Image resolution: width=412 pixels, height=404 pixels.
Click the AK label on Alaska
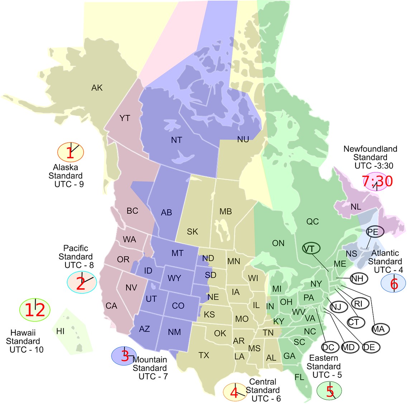pyautogui.click(x=97, y=88)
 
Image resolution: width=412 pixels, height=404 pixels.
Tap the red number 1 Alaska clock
pyautogui.click(x=71, y=152)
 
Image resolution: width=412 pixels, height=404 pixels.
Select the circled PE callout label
pyautogui.click(x=373, y=232)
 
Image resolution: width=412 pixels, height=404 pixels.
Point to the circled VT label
pyautogui.click(x=308, y=249)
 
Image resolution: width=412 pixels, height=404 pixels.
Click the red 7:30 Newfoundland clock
pyautogui.click(x=377, y=181)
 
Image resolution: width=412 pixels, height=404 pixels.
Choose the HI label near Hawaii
pyautogui.click(x=61, y=331)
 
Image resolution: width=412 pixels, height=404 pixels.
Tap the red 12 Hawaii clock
pyautogui.click(x=35, y=310)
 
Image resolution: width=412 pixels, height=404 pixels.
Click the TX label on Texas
pyautogui.click(x=204, y=355)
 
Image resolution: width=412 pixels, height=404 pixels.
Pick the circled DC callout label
pyautogui.click(x=328, y=347)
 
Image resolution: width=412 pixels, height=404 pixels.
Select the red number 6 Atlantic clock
pyautogui.click(x=394, y=284)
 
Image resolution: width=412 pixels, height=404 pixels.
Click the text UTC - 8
pyautogui.click(x=79, y=265)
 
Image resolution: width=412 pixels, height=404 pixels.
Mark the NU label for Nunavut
pyautogui.click(x=243, y=140)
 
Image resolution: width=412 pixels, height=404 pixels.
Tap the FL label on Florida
pyautogui.click(x=299, y=377)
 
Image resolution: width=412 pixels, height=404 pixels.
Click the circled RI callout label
pyautogui.click(x=358, y=304)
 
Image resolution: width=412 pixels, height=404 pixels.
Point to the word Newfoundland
pyautogui.click(x=370, y=149)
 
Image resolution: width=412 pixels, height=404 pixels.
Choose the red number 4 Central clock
pyautogui.click(x=234, y=393)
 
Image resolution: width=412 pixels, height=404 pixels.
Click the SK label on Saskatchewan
pyautogui.click(x=192, y=232)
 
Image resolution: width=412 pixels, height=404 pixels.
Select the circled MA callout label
pyautogui.click(x=379, y=329)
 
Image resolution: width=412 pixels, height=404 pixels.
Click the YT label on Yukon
pyautogui.click(x=125, y=118)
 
